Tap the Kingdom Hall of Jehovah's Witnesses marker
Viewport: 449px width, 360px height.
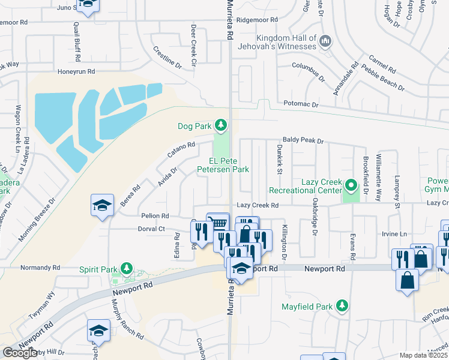[x=325, y=41]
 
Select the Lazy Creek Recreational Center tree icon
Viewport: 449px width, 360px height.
[x=351, y=184]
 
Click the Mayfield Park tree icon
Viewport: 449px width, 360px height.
[x=342, y=306]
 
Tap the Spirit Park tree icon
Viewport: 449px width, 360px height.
[x=126, y=268]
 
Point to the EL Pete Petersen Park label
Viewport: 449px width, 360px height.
[x=229, y=165]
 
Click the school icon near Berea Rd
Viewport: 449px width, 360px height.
[x=102, y=205]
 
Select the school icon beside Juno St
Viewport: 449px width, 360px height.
[x=88, y=6]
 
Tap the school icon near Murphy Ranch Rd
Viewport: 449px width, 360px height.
[x=99, y=330]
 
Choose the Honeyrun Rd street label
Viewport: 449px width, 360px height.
[x=76, y=71]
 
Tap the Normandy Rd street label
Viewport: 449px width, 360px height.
[x=40, y=267]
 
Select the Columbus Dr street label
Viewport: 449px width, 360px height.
[x=308, y=70]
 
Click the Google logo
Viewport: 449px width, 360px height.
[x=20, y=352]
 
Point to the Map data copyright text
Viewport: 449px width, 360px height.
[x=423, y=355]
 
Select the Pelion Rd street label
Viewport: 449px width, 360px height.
[x=155, y=215]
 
